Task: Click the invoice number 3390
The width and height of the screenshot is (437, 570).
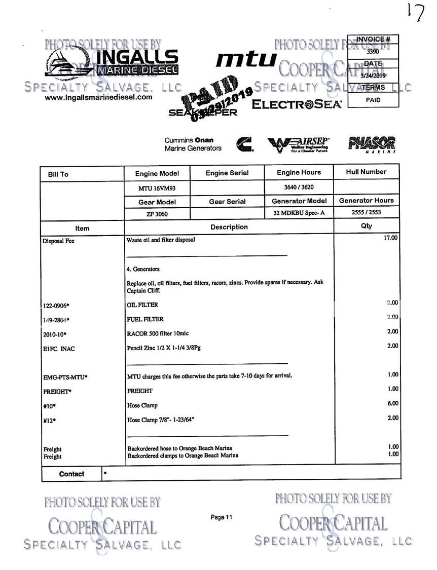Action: (x=373, y=51)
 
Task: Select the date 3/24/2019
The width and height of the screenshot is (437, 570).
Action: (x=373, y=75)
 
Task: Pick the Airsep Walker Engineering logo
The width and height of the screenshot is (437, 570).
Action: (x=298, y=144)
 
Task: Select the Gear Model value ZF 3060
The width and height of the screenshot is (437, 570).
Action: (x=157, y=213)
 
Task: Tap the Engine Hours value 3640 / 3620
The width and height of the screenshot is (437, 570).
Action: (x=299, y=187)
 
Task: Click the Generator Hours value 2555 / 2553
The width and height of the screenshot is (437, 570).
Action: (x=366, y=213)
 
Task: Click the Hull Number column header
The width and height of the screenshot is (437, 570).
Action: (x=366, y=172)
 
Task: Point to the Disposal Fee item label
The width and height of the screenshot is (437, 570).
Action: (x=58, y=241)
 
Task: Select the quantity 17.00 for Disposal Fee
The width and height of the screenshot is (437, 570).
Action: (x=390, y=237)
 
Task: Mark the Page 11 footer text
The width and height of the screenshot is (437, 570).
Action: (x=221, y=517)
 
